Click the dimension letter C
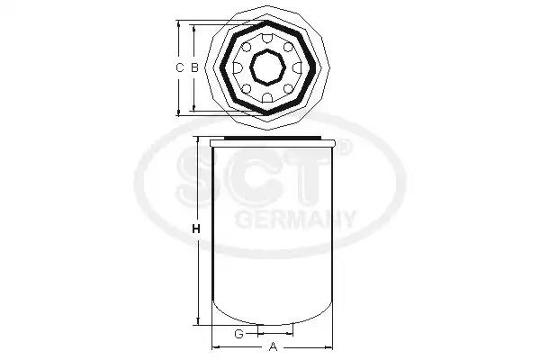point(179,67)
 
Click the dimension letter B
point(194,67)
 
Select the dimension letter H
point(196,229)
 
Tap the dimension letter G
point(239,334)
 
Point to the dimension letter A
point(273,346)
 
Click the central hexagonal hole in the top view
point(267,67)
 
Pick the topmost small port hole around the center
point(267,39)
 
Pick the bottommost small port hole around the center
point(267,97)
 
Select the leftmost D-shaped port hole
point(238,67)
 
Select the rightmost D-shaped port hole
point(297,67)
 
